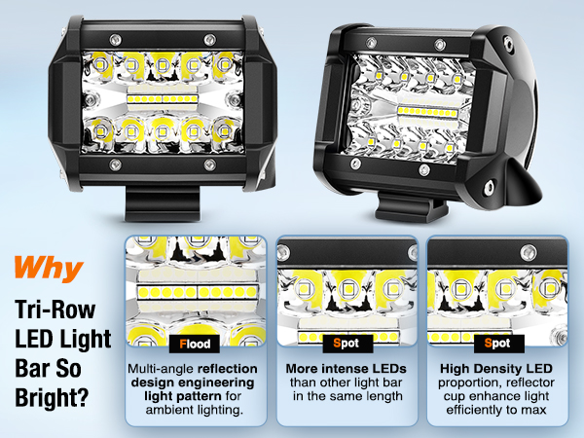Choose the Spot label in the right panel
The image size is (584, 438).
(x=496, y=344)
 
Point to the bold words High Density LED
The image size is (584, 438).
(x=496, y=370)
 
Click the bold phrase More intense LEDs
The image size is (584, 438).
(x=347, y=370)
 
